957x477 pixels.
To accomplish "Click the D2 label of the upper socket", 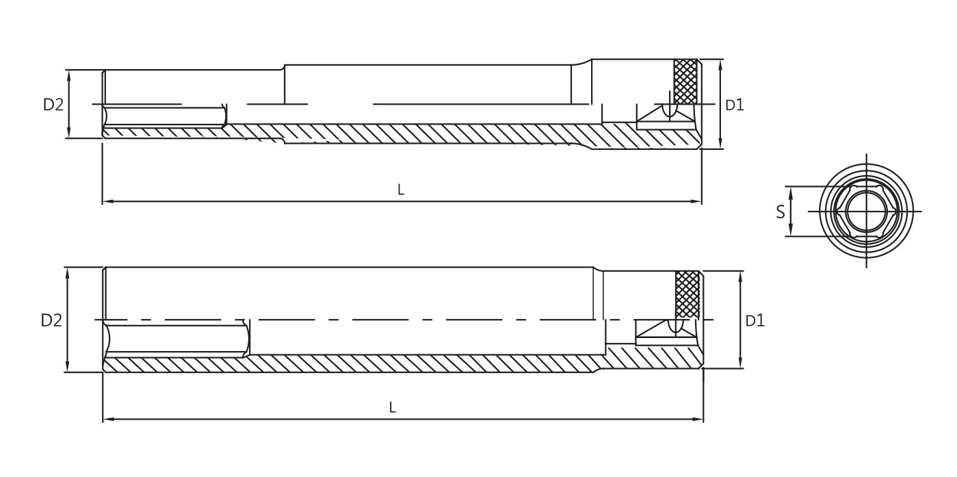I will click(x=53, y=105).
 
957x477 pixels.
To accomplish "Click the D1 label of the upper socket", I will click(x=735, y=105).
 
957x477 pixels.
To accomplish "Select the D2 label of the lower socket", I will click(x=51, y=320).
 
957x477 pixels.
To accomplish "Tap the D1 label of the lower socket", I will click(x=755, y=320).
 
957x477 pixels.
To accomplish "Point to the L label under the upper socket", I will click(x=401, y=190).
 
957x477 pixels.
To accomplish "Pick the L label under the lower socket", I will click(x=393, y=407).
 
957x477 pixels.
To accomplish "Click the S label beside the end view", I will click(x=781, y=212).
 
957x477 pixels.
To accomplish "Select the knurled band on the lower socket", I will click(x=687, y=294).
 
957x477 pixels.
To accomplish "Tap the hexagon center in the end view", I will click(x=865, y=211).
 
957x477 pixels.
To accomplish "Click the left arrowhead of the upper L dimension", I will click(x=106, y=202).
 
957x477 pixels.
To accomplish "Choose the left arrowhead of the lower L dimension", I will click(x=107, y=419).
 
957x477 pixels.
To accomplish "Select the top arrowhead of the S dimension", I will click(x=791, y=191).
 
